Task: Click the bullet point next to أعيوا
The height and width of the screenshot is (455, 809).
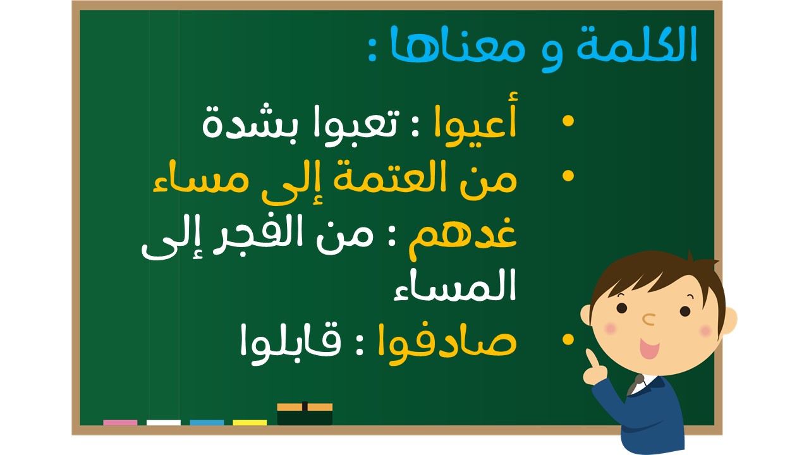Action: point(568,121)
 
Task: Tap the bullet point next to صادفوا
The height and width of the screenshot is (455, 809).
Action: point(568,339)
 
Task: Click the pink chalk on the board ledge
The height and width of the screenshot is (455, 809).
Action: point(120,423)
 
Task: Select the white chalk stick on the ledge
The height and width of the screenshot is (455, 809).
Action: point(164,423)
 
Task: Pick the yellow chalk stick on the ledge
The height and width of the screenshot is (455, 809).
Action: point(250,423)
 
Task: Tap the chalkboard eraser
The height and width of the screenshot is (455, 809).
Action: point(305,413)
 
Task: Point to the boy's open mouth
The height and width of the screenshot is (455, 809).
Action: point(649,348)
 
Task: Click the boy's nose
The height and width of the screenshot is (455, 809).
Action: point(648,319)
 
